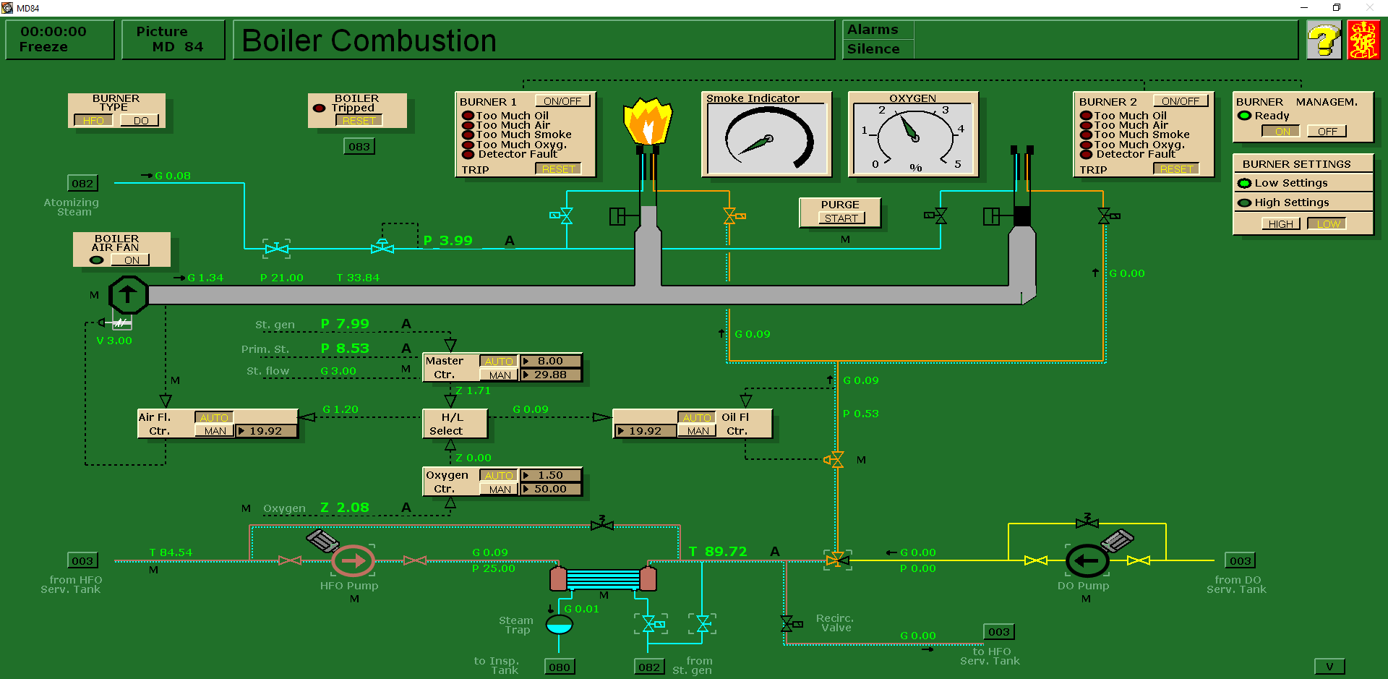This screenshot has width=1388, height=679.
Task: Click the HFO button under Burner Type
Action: (x=93, y=121)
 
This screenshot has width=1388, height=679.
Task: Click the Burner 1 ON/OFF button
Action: (x=562, y=101)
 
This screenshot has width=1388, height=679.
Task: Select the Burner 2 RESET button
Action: (x=1175, y=169)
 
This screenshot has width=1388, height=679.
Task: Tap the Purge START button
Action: (x=841, y=218)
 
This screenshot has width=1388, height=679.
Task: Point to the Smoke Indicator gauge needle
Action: (x=756, y=145)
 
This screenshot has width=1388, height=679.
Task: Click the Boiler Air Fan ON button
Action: (x=131, y=260)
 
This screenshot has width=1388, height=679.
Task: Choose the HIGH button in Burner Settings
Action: (x=1280, y=224)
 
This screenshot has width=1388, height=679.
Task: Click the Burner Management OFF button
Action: (x=1327, y=132)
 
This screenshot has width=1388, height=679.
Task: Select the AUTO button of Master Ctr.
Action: (x=499, y=361)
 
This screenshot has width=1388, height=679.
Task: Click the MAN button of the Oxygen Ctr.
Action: (x=499, y=490)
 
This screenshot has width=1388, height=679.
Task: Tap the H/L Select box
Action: (x=454, y=424)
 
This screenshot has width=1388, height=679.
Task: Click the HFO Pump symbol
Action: (x=353, y=560)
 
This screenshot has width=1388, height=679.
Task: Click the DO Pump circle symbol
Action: (x=1087, y=560)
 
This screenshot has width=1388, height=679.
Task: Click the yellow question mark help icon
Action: (x=1324, y=40)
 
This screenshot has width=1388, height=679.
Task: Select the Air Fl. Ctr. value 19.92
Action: (x=266, y=431)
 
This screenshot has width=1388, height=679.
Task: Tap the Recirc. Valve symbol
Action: (x=789, y=623)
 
